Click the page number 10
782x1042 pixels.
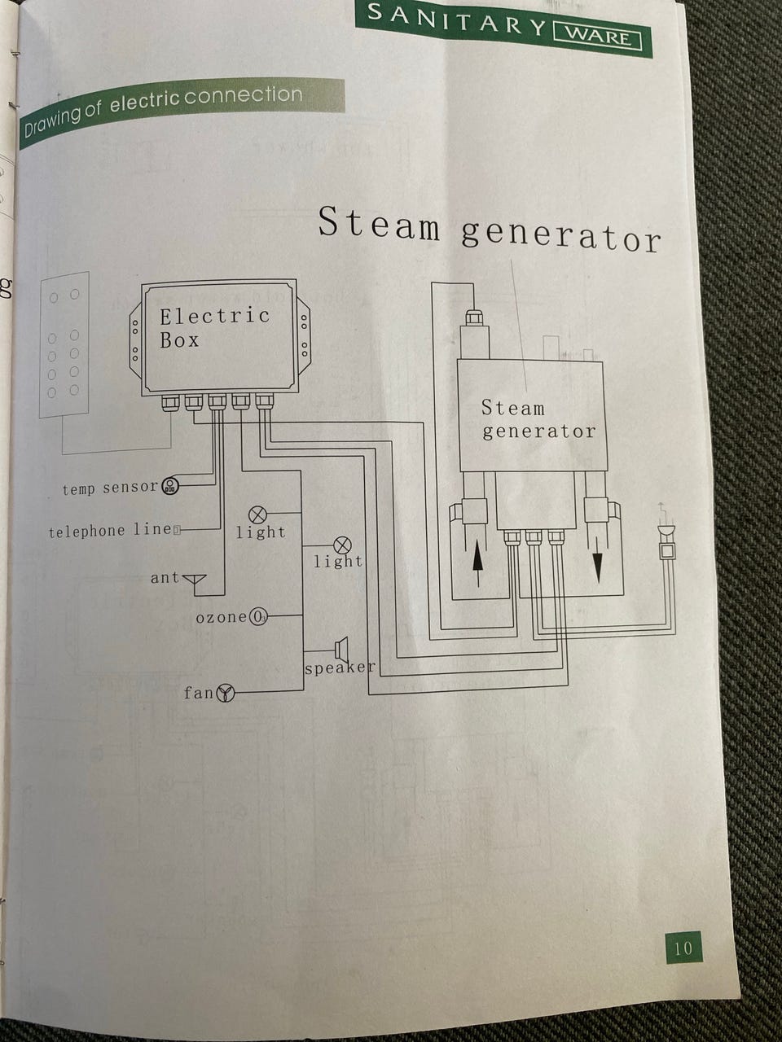[x=683, y=948]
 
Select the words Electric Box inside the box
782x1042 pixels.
[x=213, y=327]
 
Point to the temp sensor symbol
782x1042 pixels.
[x=171, y=486]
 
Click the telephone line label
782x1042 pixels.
[x=110, y=531]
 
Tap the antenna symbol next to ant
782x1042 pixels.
[x=194, y=580]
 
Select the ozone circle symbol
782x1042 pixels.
[x=257, y=616]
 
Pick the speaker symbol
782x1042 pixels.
[x=342, y=650]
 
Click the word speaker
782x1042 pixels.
[x=340, y=668]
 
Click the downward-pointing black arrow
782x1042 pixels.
[x=598, y=562]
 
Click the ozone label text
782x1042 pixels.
[x=221, y=617]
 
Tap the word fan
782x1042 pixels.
[x=198, y=694]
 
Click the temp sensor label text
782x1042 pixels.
[x=110, y=488]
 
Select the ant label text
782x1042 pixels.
[x=164, y=578]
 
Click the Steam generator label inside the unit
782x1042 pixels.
[x=538, y=419]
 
